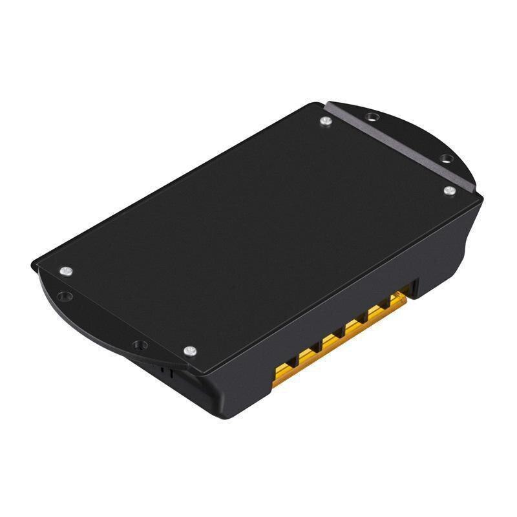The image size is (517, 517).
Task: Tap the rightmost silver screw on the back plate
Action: (448, 190)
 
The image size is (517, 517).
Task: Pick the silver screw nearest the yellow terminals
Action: (189, 351)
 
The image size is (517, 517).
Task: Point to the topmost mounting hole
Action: (370, 117)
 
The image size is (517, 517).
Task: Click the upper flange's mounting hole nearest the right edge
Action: (445, 158)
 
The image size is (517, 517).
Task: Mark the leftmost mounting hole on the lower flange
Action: (63, 297)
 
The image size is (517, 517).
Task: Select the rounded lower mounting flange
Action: (97, 323)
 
